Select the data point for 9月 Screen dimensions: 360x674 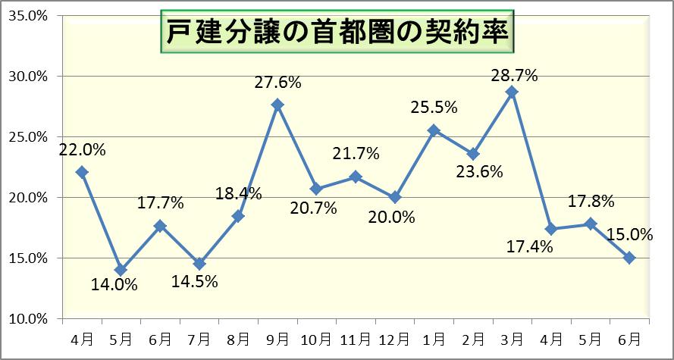[x=277, y=105]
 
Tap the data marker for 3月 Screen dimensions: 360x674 [x=512, y=92]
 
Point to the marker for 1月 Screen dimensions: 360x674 [x=434, y=130]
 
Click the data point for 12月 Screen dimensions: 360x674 [x=394, y=197]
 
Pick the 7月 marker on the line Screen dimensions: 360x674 [x=199, y=264]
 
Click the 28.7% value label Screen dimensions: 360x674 [x=513, y=75]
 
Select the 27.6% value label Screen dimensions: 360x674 [x=277, y=83]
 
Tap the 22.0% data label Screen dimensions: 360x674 [x=82, y=149]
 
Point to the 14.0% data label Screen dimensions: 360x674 [x=114, y=286]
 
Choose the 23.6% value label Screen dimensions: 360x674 [x=480, y=171]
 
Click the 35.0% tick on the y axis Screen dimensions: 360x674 [x=27, y=16]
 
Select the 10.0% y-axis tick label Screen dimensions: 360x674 [x=27, y=319]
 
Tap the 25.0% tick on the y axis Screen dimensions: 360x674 [x=27, y=137]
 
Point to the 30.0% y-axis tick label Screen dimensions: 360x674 [x=27, y=77]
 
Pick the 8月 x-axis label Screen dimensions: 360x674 [x=238, y=337]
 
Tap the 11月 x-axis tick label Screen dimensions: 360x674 [x=356, y=337]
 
